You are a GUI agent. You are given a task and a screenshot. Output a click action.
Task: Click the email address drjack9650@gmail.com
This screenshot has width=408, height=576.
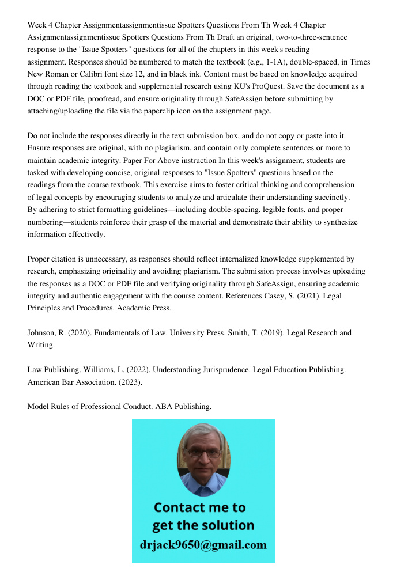[x=203, y=545]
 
